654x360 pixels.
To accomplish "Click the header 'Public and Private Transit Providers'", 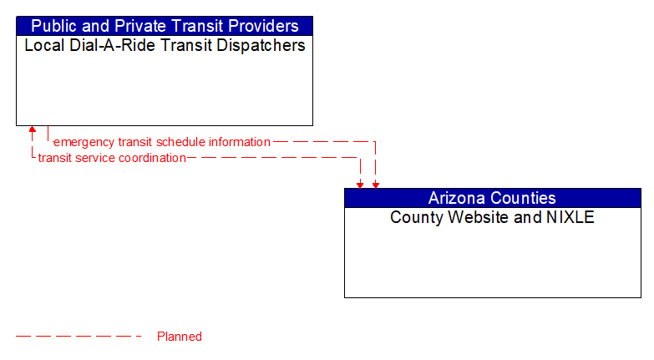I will pyautogui.click(x=165, y=26).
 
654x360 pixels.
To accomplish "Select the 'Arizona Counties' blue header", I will pyautogui.click(x=492, y=198).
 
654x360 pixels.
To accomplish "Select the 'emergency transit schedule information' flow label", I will pyautogui.click(x=162, y=142).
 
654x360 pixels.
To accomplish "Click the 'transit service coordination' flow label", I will pyautogui.click(x=112, y=158).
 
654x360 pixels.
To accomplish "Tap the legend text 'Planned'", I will pyautogui.click(x=180, y=337).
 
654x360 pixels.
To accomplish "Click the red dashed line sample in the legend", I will pyautogui.click(x=79, y=337).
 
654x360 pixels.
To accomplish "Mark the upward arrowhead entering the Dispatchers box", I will pyautogui.click(x=33, y=130).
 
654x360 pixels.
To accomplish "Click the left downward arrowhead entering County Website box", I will pyautogui.click(x=360, y=184).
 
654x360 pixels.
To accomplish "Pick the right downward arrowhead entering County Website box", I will pyautogui.click(x=375, y=184).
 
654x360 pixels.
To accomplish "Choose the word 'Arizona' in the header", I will pyautogui.click(x=458, y=198).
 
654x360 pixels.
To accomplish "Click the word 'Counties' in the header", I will pyautogui.click(x=524, y=198).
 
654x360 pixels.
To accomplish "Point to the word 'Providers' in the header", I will pyautogui.click(x=263, y=26).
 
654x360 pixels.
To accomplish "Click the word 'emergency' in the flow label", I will pyautogui.click(x=84, y=142).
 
